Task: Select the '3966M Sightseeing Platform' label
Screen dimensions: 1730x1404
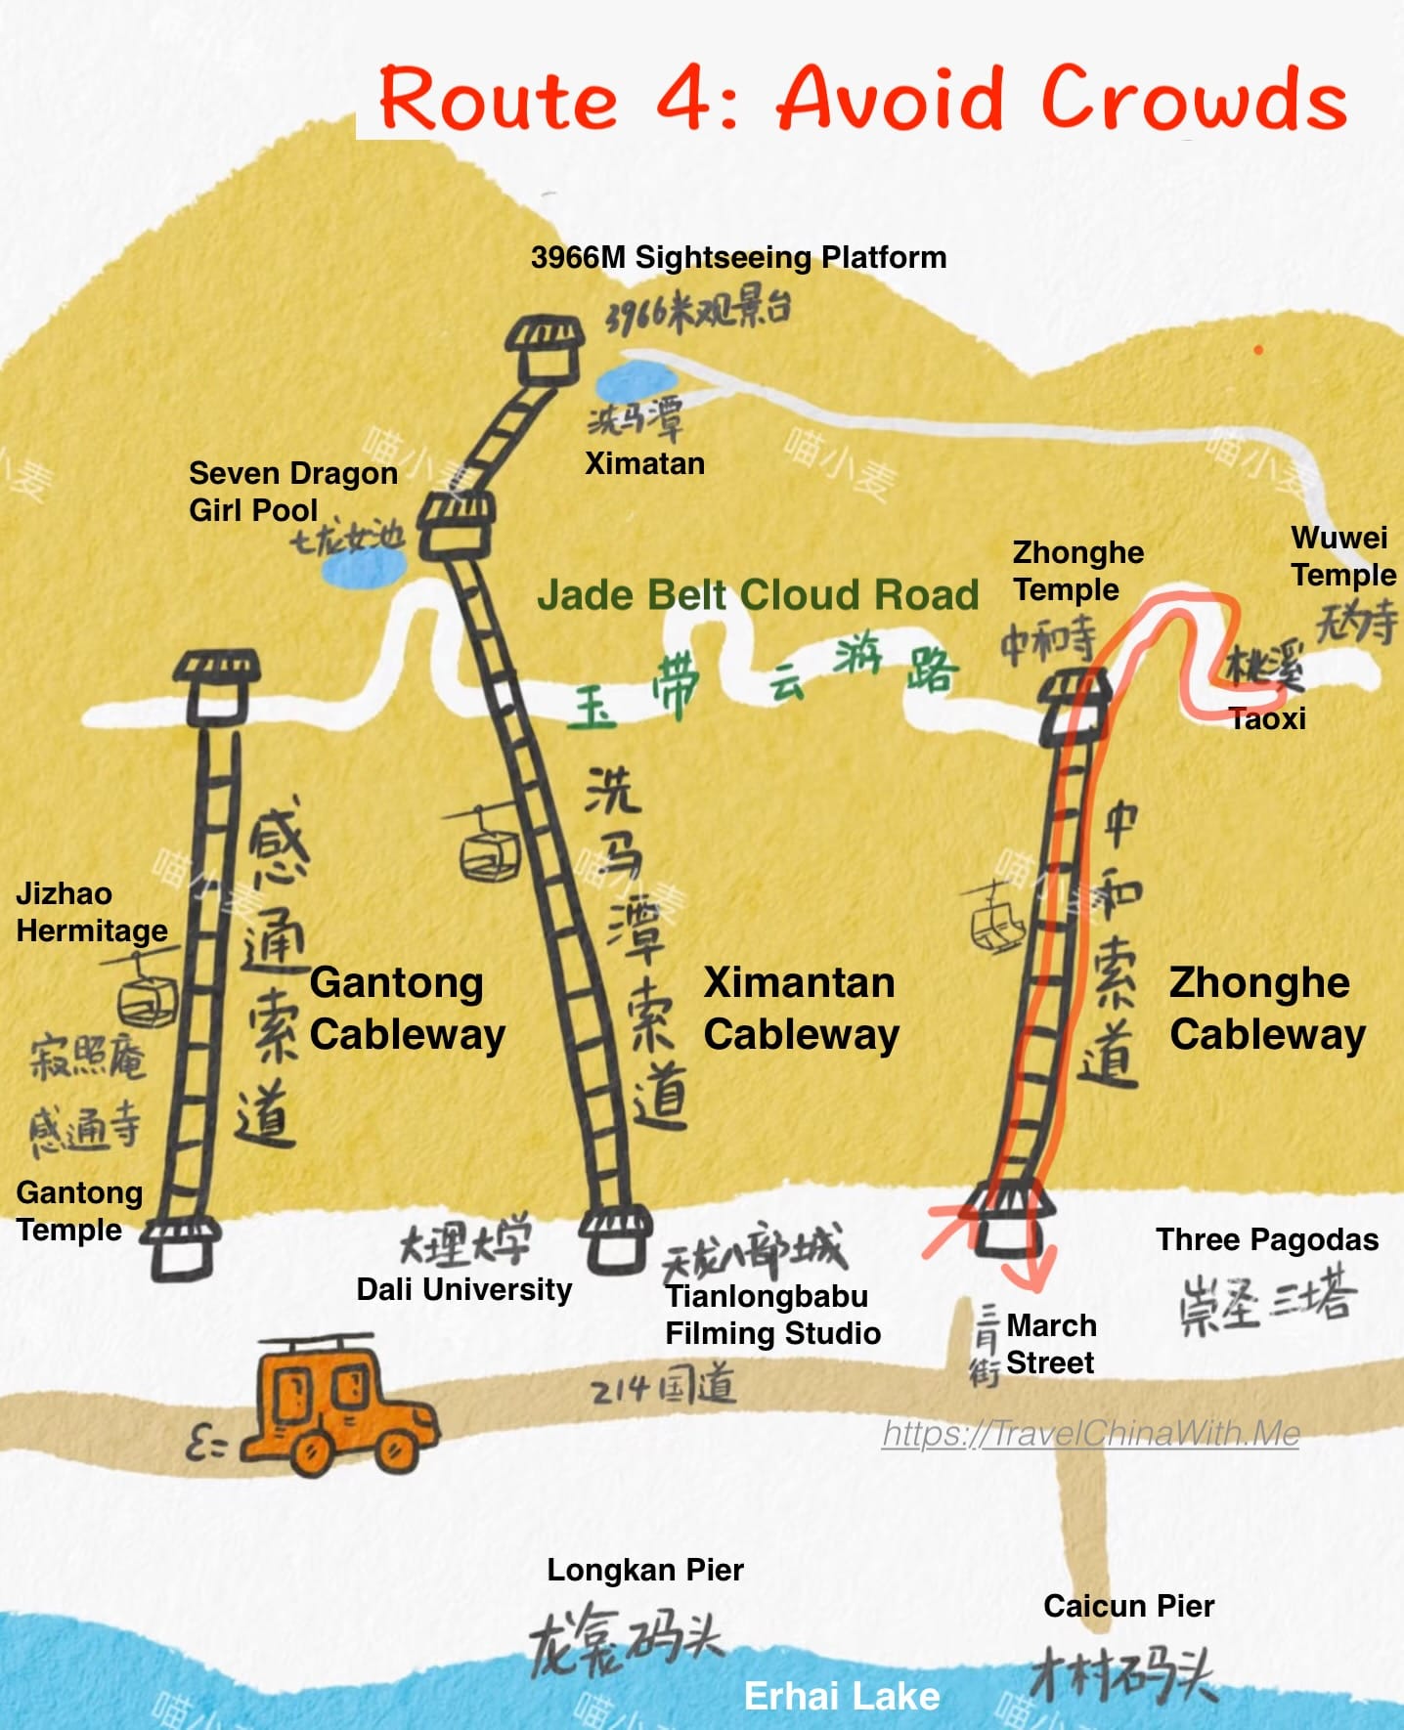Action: coord(738,257)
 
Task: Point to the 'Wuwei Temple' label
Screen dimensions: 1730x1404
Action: coord(1342,556)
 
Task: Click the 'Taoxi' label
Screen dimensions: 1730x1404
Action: coord(1267,719)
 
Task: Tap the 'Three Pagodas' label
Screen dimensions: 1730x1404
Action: coord(1267,1239)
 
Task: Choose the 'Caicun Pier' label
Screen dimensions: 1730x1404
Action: coord(1128,1606)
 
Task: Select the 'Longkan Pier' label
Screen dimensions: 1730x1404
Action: coord(645,1570)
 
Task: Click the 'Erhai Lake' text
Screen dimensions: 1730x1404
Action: coord(842,1696)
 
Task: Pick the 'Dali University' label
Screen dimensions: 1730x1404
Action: coord(463,1289)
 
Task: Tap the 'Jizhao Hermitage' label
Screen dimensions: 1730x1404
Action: coord(91,912)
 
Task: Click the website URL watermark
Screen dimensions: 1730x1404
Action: coord(1090,1433)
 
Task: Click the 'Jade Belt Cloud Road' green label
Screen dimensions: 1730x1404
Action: coord(758,594)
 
